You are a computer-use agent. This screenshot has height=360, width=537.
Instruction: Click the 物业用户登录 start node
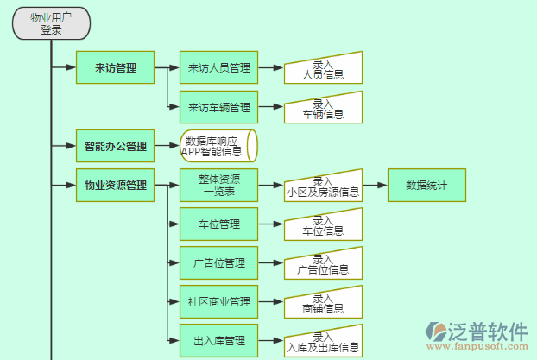pos(52,23)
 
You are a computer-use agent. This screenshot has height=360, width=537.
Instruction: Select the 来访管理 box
pos(115,67)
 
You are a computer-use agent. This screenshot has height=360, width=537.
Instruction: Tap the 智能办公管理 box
pos(115,147)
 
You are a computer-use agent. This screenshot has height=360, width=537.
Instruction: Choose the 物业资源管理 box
pos(115,185)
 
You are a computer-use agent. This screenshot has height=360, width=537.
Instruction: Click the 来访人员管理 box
pos(218,67)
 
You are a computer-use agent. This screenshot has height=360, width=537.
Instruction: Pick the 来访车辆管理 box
pos(218,107)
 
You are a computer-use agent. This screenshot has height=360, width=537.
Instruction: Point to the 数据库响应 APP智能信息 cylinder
pos(216,146)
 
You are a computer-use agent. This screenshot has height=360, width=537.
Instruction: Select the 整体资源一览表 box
pos(218,185)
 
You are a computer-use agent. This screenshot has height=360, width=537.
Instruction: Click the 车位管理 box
pos(218,224)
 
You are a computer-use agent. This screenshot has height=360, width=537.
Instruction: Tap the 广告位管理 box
pos(218,262)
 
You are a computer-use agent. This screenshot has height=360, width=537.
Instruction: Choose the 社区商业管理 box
pos(218,301)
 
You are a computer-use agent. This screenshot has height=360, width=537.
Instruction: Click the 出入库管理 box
pos(218,340)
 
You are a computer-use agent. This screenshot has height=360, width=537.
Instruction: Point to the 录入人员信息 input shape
pos(323,68)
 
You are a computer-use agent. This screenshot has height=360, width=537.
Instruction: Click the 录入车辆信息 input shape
pos(323,108)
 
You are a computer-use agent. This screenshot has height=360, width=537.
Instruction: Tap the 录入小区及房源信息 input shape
pos(323,186)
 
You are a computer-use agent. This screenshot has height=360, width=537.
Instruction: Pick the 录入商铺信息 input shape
pos(323,303)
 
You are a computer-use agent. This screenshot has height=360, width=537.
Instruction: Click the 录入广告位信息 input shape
pos(323,264)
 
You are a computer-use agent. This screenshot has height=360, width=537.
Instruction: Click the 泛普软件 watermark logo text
pos(489,332)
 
